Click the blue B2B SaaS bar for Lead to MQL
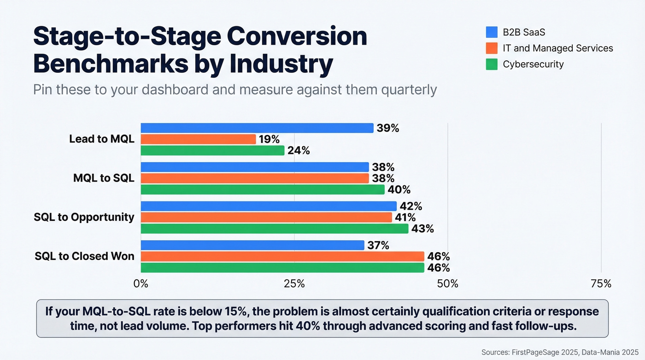coord(257,128)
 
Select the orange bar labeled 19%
coord(198,139)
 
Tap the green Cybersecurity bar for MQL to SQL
coord(262,189)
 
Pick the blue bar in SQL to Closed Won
coord(252,245)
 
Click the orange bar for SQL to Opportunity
coord(266,217)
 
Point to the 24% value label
coord(299,150)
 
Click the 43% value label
coord(422,229)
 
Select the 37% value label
coord(378,246)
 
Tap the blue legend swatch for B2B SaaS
coord(492,32)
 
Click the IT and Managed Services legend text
coord(557,48)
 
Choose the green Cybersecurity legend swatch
coord(492,64)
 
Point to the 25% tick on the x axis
coord(294,283)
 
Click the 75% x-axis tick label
coord(601,283)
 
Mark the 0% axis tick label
coord(141,283)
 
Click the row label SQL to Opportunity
coord(84,217)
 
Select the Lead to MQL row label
coord(102,139)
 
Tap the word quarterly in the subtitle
coord(409,89)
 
